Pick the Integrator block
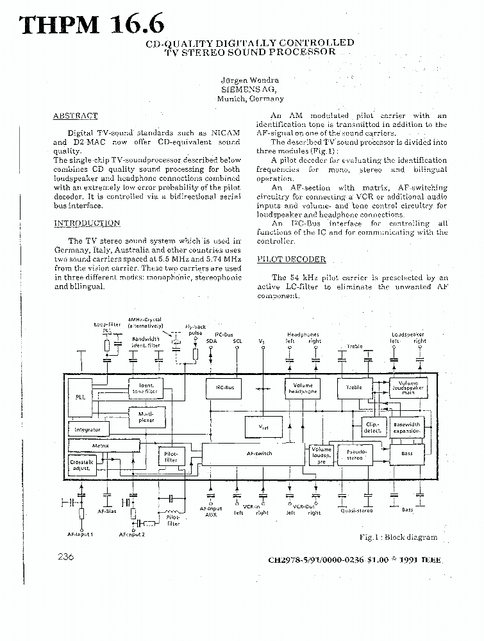[x=88, y=429]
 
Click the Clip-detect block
[x=372, y=428]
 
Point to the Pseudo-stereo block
[x=355, y=454]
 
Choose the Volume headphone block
[x=303, y=388]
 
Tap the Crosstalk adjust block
[x=81, y=465]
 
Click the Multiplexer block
[x=146, y=417]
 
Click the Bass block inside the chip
[x=408, y=454]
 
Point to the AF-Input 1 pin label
[x=81, y=533]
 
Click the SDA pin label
[x=212, y=341]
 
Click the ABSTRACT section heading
[x=75, y=116]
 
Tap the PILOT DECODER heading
[x=291, y=259]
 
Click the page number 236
[x=65, y=557]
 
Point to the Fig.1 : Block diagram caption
[x=397, y=537]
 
